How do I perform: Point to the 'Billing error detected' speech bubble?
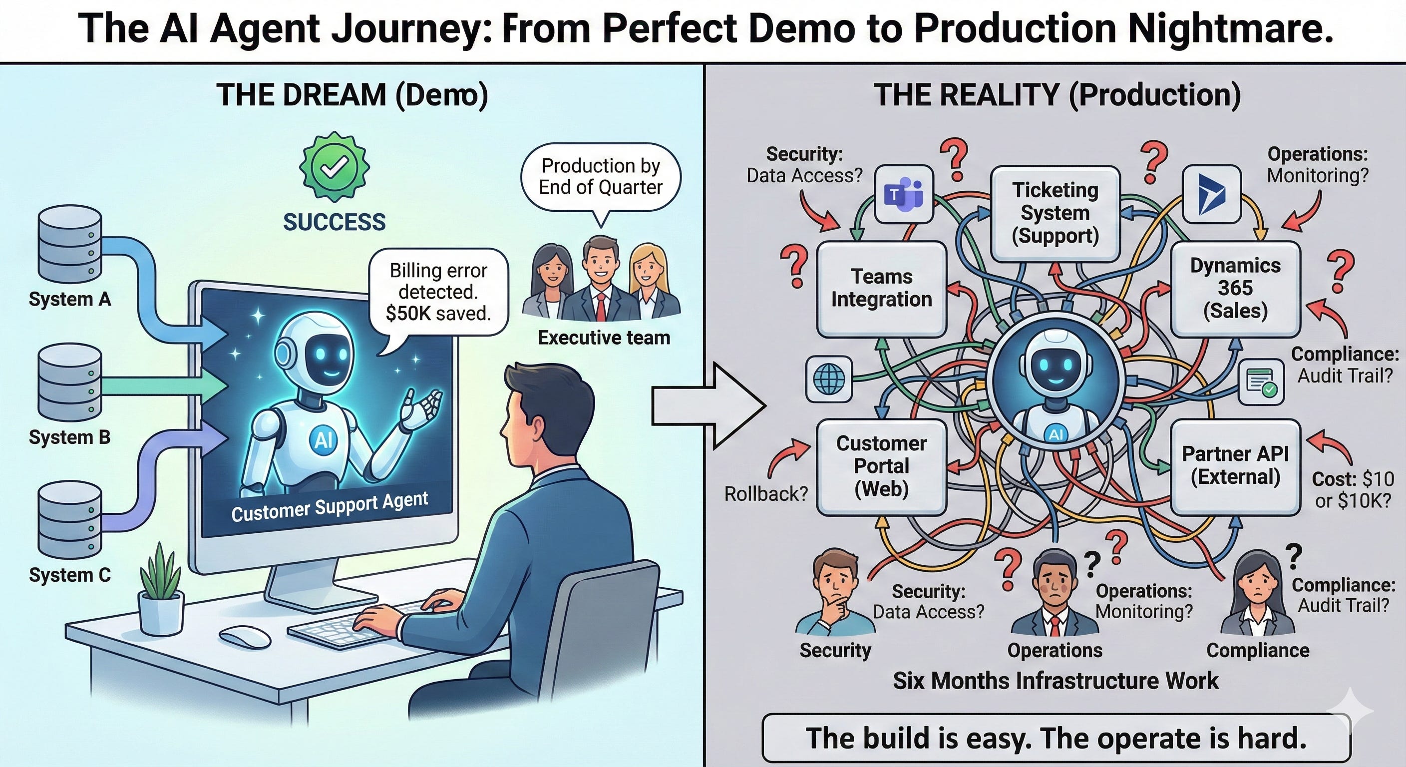click(438, 292)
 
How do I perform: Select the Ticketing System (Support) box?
click(1055, 213)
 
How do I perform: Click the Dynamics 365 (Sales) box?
click(1235, 288)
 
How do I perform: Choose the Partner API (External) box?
click(1235, 466)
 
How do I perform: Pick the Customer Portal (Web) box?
click(881, 466)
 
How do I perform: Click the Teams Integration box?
click(881, 288)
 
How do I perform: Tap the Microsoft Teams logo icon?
click(903, 194)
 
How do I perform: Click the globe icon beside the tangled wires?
click(828, 379)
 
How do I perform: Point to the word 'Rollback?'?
click(766, 494)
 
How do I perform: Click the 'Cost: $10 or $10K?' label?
click(1353, 490)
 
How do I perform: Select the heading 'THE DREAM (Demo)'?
click(352, 95)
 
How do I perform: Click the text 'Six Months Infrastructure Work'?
click(1055, 681)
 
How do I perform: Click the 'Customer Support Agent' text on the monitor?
click(330, 507)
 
